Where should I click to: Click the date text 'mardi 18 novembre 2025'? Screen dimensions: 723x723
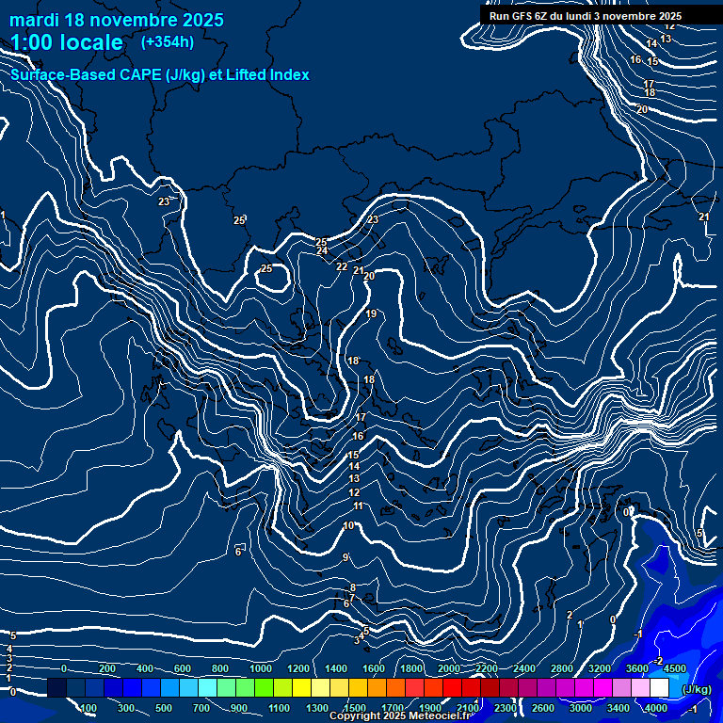click(x=117, y=20)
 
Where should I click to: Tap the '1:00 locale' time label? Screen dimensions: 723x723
click(x=67, y=42)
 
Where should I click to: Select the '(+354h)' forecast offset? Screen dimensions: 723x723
click(x=168, y=41)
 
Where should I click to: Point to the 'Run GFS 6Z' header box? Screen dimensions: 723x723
click(x=586, y=16)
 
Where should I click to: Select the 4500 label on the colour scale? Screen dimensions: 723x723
click(x=674, y=668)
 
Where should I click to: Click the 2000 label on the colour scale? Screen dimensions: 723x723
click(x=449, y=668)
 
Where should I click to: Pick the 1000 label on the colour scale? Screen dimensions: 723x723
click(x=261, y=668)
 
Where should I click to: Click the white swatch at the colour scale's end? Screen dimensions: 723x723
click(x=659, y=688)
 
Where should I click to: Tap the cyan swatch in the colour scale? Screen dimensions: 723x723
click(x=207, y=688)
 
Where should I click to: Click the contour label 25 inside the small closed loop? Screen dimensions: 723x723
click(x=266, y=269)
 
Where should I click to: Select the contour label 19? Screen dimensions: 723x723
click(x=371, y=314)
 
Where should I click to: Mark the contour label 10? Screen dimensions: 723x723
click(x=348, y=526)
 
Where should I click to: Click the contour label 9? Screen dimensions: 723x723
click(x=345, y=558)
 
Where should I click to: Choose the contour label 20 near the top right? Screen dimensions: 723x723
click(x=642, y=110)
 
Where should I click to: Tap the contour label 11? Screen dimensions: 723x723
click(x=358, y=506)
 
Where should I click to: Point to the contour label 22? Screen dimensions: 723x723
click(x=342, y=267)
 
